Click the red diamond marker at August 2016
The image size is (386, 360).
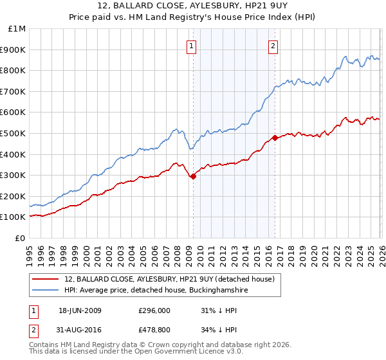[275, 138]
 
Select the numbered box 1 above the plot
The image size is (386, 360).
[192, 45]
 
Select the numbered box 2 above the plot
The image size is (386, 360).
[273, 45]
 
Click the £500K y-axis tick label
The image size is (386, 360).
[14, 134]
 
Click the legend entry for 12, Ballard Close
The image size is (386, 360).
[170, 279]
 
